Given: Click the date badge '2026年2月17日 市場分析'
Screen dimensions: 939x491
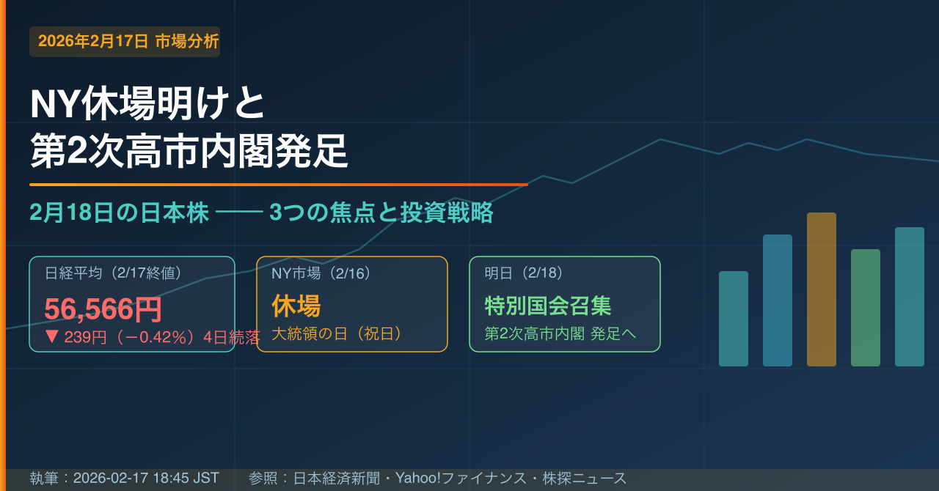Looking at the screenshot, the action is tap(125, 42).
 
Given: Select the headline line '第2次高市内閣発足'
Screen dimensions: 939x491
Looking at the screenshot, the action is tap(189, 151).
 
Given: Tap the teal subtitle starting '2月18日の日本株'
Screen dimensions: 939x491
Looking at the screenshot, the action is tap(261, 212).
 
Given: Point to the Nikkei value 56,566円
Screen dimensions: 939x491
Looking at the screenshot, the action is tap(103, 309).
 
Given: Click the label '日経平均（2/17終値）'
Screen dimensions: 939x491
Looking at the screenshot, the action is tap(113, 273).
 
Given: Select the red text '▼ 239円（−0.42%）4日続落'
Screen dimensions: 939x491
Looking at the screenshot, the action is tap(152, 337).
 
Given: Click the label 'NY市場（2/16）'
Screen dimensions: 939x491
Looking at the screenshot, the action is tap(321, 273).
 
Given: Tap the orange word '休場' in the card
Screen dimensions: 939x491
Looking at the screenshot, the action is tap(296, 306).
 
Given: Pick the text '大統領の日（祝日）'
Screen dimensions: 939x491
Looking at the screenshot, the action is tap(337, 334).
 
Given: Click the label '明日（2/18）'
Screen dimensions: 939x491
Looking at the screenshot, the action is tap(523, 273).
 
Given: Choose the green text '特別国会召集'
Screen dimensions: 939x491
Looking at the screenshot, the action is tap(548, 306).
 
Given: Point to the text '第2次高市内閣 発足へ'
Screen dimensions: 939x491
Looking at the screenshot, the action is tap(560, 334).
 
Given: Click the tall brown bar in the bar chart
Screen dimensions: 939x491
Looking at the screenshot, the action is tap(822, 289).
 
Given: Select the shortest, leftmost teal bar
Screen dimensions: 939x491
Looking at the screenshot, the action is tap(734, 319).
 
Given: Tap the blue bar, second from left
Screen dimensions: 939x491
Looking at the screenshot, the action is tap(778, 300).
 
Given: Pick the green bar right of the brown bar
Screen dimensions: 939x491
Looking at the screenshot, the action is tap(866, 308).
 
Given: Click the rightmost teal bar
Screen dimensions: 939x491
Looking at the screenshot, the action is tap(910, 297).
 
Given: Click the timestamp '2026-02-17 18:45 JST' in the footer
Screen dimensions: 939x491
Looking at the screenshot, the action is tap(146, 478).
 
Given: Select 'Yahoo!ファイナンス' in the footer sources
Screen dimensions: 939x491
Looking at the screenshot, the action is tap(461, 478).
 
